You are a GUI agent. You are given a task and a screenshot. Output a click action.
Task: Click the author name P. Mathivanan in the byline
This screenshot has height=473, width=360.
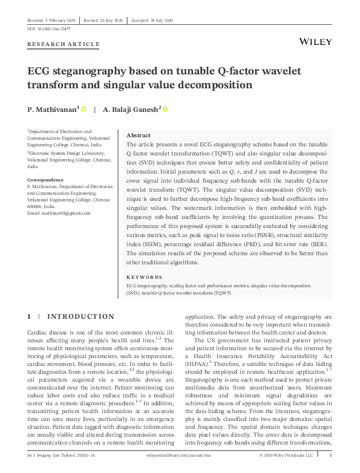[x=50, y=109]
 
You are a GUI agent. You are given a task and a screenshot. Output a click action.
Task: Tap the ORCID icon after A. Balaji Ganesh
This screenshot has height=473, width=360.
[x=165, y=109]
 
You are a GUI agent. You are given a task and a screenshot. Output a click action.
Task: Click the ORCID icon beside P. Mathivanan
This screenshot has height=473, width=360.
[x=83, y=109]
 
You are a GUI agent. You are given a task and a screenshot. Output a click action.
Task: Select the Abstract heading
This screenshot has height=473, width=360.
[x=139, y=135]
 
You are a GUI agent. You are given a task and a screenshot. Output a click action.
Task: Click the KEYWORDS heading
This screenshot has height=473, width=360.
[x=145, y=276]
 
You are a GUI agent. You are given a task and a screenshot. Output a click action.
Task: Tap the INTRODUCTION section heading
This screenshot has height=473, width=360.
[x=80, y=316]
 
